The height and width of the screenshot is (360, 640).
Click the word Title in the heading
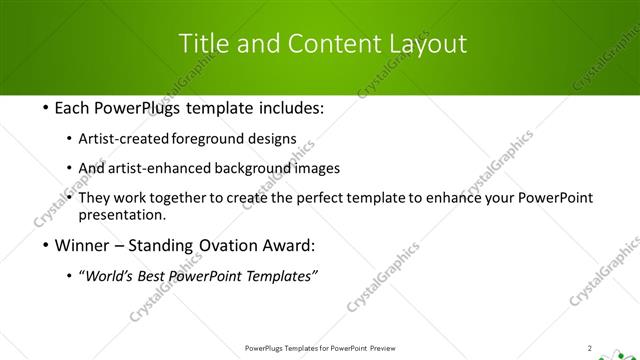[x=201, y=43]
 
